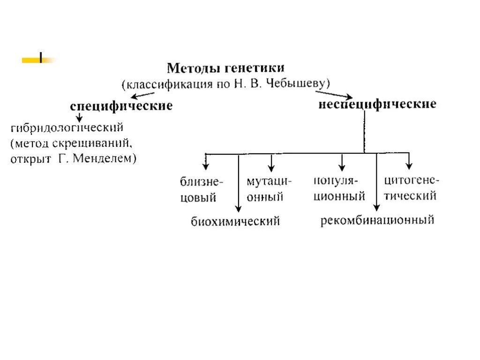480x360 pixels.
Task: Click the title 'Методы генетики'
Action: tap(226, 68)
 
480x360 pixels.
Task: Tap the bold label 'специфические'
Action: tap(121, 106)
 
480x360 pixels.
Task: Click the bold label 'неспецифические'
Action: tap(377, 104)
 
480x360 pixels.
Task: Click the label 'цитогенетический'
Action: tap(411, 187)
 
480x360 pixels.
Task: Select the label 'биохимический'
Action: tap(235, 221)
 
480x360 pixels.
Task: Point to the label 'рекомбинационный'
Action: tap(377, 220)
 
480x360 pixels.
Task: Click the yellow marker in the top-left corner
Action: tap(38, 60)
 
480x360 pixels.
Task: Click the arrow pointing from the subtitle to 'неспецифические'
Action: tap(333, 95)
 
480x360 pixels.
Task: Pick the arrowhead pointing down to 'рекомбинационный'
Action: tap(376, 208)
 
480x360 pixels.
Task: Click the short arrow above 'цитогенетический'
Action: tap(409, 161)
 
